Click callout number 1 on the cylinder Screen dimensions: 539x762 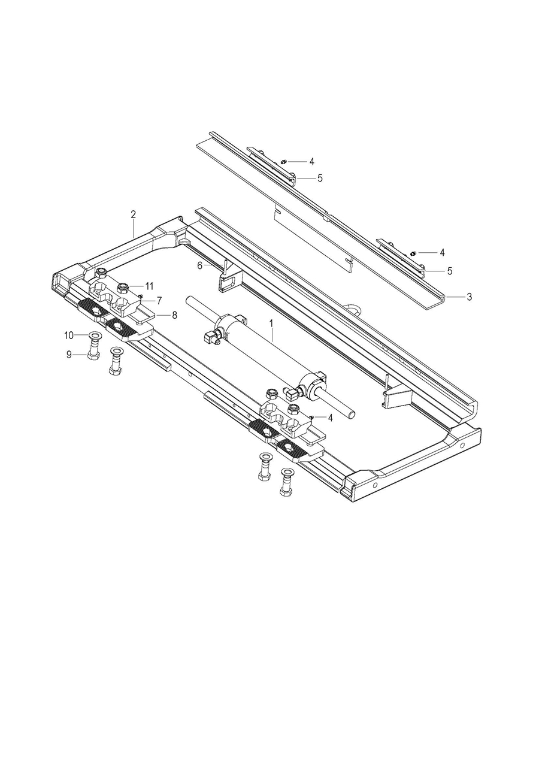tap(271, 323)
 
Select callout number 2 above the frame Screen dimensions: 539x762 tap(133, 214)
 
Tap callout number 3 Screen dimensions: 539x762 tap(470, 297)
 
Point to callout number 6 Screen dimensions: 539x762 tap(199, 265)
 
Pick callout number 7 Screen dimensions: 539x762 tap(159, 301)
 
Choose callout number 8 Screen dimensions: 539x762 tap(174, 315)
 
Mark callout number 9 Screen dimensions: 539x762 tap(69, 355)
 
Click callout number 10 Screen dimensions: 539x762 tap(69, 335)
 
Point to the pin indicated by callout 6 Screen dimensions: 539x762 tap(225, 269)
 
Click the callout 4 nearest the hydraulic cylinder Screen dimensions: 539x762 tap(330, 418)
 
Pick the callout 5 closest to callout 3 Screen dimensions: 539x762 tap(450, 271)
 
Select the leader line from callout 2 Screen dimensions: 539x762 tap(134, 229)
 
